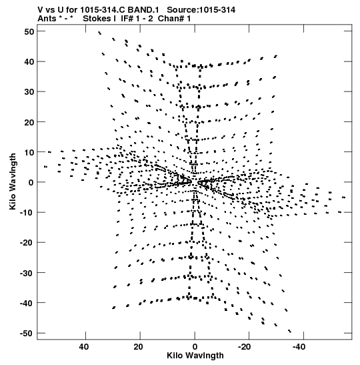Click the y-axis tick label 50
pyautogui.click(x=29, y=31)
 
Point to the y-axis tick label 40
pyautogui.click(x=29, y=62)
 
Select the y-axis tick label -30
pyautogui.click(x=27, y=273)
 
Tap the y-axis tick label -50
pyautogui.click(x=27, y=334)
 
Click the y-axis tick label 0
pyautogui.click(x=31, y=183)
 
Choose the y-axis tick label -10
pyautogui.click(x=27, y=213)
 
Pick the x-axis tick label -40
pyautogui.click(x=299, y=347)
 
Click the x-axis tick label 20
pyautogui.click(x=138, y=347)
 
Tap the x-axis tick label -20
pyautogui.click(x=244, y=347)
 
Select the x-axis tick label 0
pyautogui.click(x=195, y=347)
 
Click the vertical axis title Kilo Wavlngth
pyautogui.click(x=13, y=181)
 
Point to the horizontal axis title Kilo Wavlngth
pyautogui.click(x=195, y=356)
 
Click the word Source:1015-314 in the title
pyautogui.click(x=201, y=10)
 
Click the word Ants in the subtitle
pyautogui.click(x=47, y=19)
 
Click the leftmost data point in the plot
pyautogui.click(x=45, y=167)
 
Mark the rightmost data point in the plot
pyautogui.click(x=344, y=198)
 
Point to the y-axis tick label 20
pyautogui.click(x=29, y=122)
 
